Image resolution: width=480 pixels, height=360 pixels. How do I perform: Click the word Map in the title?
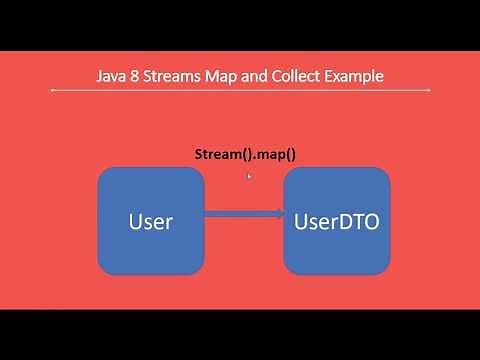pyautogui.click(x=230, y=76)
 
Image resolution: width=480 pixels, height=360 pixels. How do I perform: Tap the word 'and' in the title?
pyautogui.click(x=263, y=76)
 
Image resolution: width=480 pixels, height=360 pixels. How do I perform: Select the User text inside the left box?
pyautogui.click(x=151, y=222)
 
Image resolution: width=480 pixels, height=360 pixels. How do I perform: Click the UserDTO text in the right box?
pyautogui.click(x=336, y=222)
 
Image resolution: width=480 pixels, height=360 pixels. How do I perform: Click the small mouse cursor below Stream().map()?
pyautogui.click(x=248, y=176)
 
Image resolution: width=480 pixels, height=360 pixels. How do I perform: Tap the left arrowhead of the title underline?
pyautogui.click(x=52, y=92)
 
